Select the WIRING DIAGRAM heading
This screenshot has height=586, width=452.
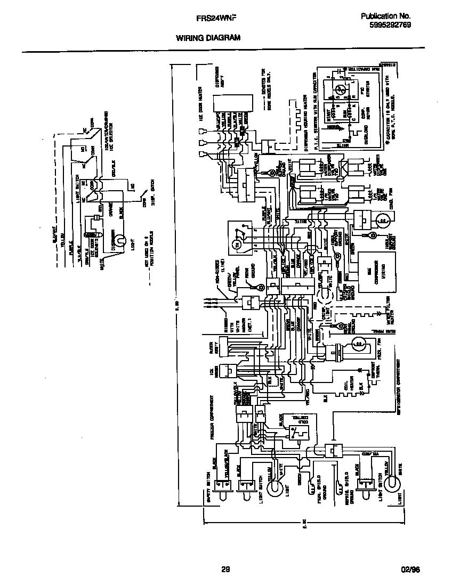coord(208,38)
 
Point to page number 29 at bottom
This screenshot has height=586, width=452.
coord(225,569)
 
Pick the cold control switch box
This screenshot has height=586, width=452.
coord(291,426)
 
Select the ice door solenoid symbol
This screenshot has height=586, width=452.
coord(96,233)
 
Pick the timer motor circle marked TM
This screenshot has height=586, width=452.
coord(237,244)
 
